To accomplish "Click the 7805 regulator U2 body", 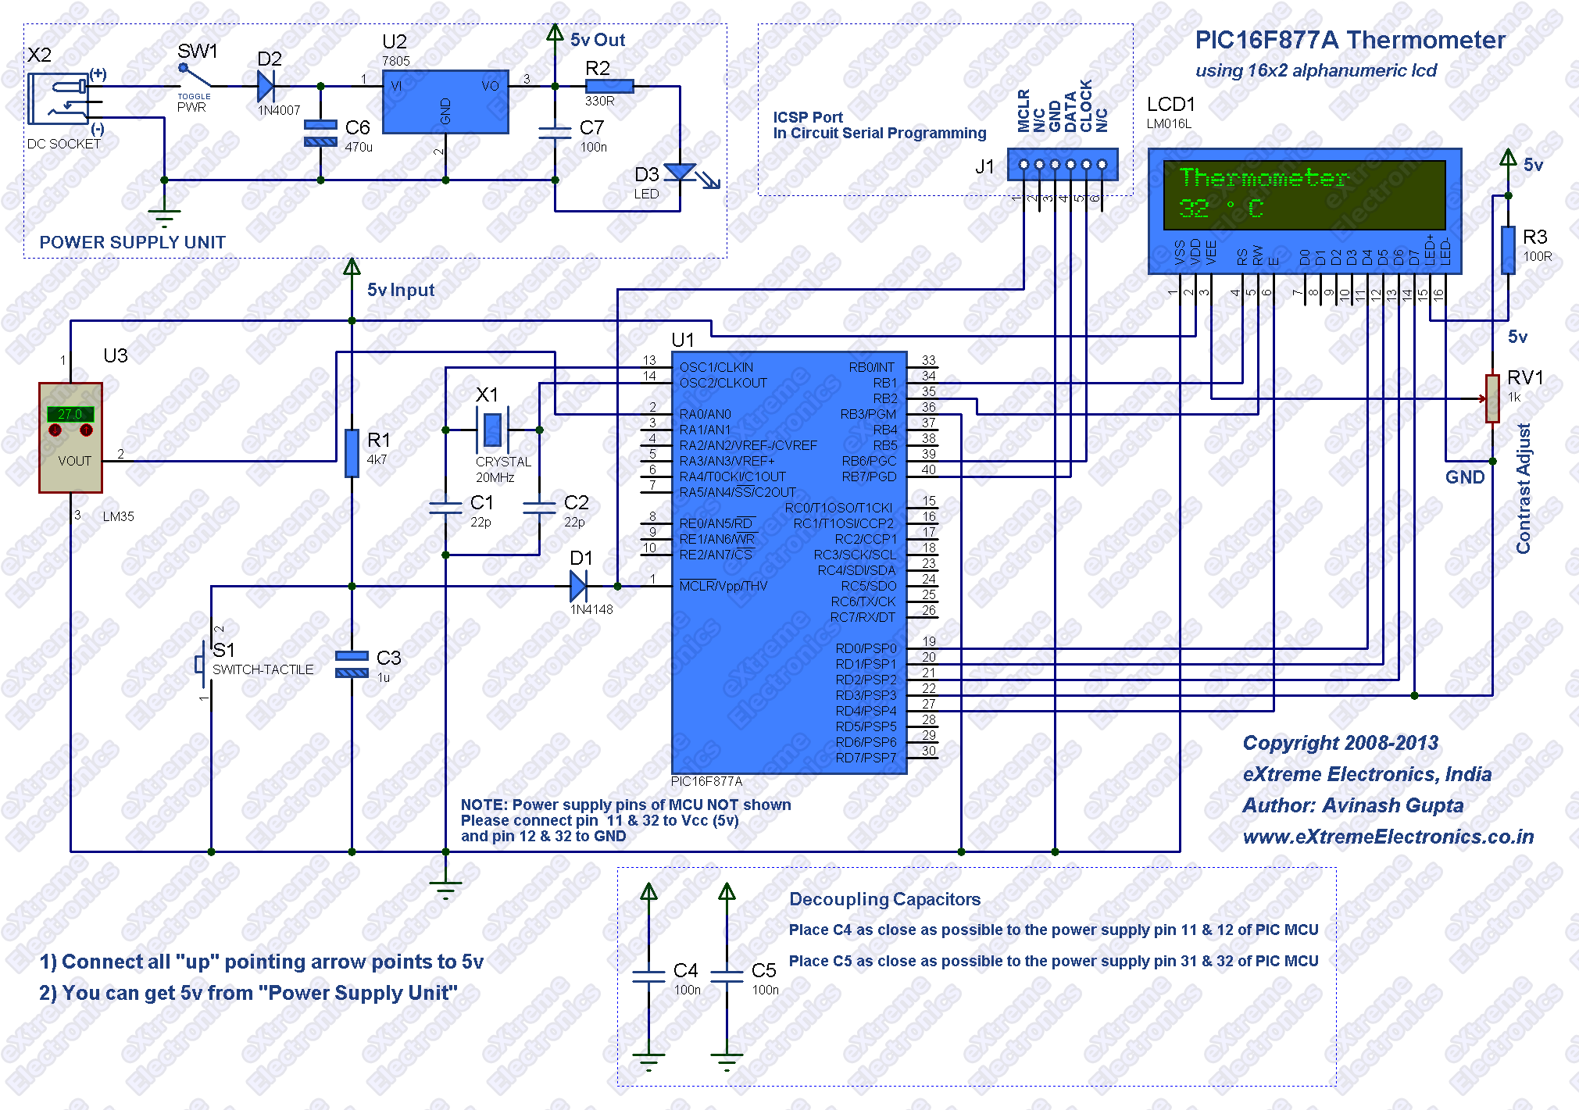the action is [x=445, y=102].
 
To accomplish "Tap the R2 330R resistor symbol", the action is [x=609, y=86].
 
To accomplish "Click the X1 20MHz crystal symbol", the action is [x=492, y=430].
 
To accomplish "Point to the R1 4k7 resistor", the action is [x=352, y=452].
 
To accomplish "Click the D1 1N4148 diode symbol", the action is [x=578, y=586].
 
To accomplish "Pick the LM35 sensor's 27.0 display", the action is [x=70, y=414].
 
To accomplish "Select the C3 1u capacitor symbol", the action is [x=352, y=664].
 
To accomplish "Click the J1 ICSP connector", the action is [x=1063, y=164].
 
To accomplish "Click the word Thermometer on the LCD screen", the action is [x=1263, y=177].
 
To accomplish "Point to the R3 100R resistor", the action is [x=1508, y=250].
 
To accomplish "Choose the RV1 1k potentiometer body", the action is [x=1492, y=398].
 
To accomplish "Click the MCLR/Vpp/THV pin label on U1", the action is [x=723, y=586].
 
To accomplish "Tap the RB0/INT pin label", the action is [x=872, y=367].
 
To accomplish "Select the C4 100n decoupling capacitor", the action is [x=648, y=976].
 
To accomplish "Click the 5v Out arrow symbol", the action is [x=555, y=33].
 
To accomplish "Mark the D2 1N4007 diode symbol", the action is [x=266, y=86].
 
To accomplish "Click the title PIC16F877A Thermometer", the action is [x=1350, y=40].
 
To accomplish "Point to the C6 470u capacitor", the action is [x=320, y=133].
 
